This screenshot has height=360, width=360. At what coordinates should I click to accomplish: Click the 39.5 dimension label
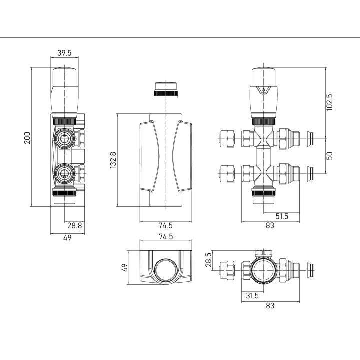click(x=64, y=53)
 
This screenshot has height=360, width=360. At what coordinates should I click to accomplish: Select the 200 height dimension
click(x=27, y=138)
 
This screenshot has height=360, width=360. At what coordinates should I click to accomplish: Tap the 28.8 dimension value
click(x=74, y=225)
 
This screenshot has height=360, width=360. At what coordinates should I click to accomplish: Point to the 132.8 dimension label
click(x=113, y=160)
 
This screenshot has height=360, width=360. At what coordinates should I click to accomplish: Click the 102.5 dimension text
click(x=329, y=102)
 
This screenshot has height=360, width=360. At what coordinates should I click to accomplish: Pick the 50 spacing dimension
click(x=329, y=156)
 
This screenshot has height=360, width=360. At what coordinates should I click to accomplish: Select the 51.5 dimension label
click(x=281, y=216)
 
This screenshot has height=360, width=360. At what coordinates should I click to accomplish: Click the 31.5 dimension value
click(x=252, y=295)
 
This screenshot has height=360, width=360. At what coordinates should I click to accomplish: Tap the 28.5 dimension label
click(x=208, y=260)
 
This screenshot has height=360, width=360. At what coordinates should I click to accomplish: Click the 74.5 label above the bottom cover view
click(x=166, y=236)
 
